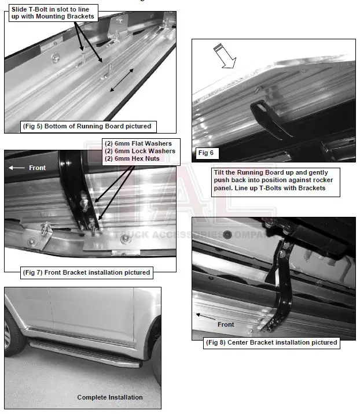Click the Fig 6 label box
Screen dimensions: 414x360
(x=205, y=153)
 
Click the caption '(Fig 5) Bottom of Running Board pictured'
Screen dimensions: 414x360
(x=86, y=126)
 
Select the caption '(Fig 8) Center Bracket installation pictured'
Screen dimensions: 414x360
(x=271, y=342)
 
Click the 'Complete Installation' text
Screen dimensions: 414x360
(x=110, y=398)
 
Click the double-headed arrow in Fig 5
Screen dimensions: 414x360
(x=124, y=79)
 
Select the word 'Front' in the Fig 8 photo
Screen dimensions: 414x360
(x=226, y=324)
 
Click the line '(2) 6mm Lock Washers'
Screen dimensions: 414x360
(x=139, y=151)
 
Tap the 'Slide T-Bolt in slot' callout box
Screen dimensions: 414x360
(x=52, y=12)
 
